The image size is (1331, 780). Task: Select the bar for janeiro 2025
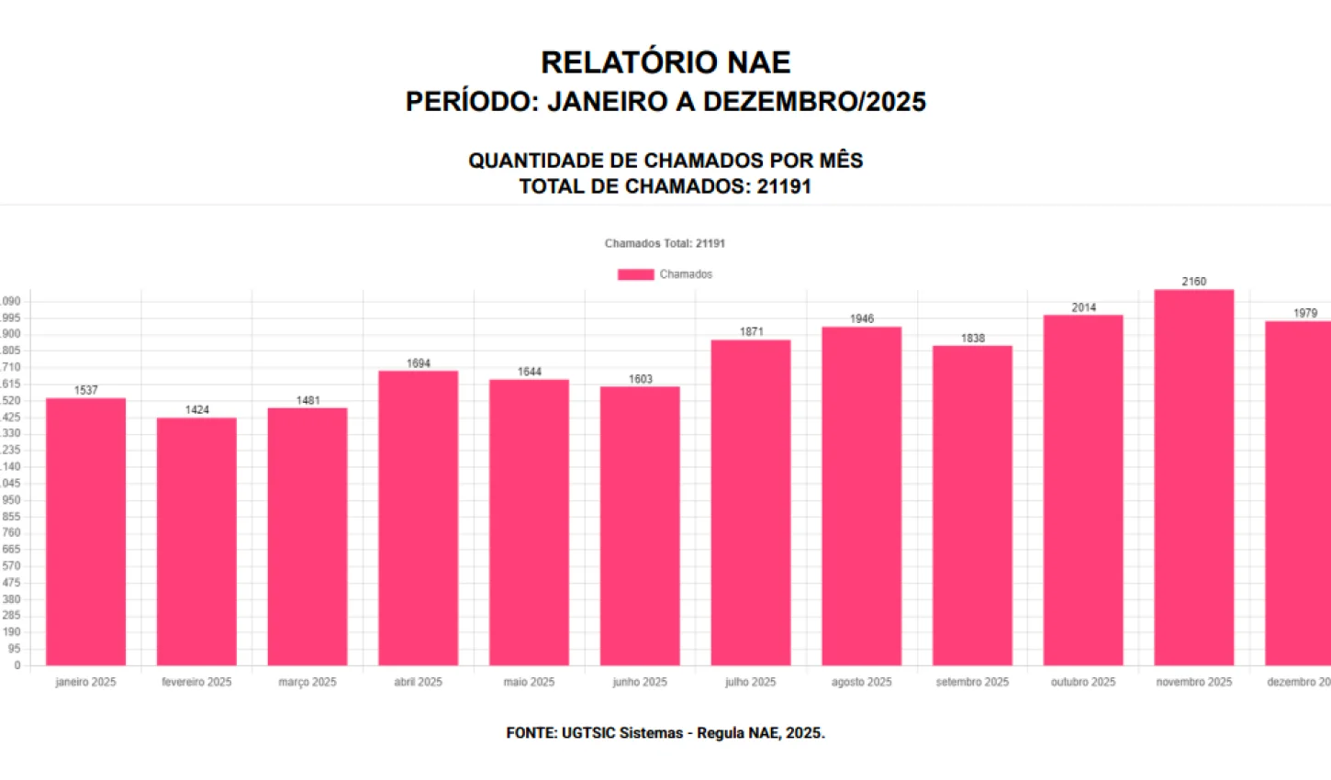[x=85, y=532]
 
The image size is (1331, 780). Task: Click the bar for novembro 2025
[x=1193, y=477]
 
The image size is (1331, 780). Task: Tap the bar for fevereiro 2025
[x=196, y=541]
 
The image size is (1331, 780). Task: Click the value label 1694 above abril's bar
[x=419, y=363]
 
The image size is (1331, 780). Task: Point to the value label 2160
[x=1193, y=282]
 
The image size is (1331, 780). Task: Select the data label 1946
[x=861, y=318]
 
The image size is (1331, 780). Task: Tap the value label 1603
[x=640, y=379]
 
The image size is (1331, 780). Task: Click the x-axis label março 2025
[x=308, y=682]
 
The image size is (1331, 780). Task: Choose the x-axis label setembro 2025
[x=972, y=682]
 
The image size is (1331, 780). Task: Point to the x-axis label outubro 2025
[x=1083, y=682]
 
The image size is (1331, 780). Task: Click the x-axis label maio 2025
[x=529, y=682]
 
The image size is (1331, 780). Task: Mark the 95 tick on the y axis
[x=14, y=649]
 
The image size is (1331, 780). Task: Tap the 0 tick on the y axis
[x=17, y=665]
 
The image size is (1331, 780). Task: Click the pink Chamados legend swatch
[x=635, y=274]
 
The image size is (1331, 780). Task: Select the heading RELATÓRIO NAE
[x=665, y=62]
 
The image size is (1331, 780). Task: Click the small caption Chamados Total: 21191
[x=665, y=243]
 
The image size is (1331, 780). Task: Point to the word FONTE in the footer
[x=530, y=732]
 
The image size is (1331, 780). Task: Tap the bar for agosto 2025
[x=861, y=496]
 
